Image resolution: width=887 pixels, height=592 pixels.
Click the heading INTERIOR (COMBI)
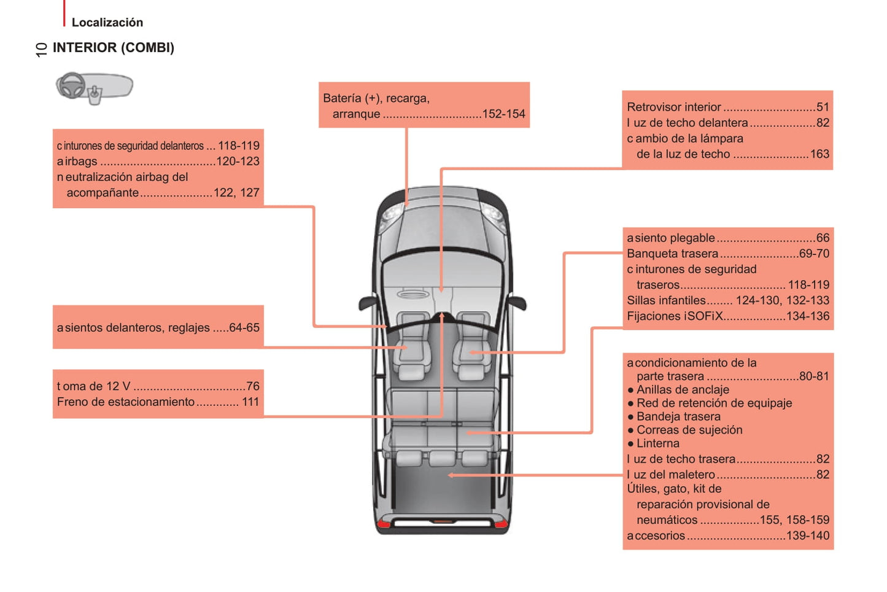pos(113,48)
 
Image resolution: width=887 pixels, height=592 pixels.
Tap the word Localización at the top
pos(107,23)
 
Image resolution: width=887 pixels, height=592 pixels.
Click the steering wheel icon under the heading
pos(72,85)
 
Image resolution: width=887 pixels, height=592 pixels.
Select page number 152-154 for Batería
pos(503,114)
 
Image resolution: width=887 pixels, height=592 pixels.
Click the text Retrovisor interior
pos(673,107)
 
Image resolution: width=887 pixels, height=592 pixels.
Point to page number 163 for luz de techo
pos(819,154)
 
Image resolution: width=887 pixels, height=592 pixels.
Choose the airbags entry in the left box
pos(77,162)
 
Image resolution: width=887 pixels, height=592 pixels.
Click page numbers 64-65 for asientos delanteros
pos(244,328)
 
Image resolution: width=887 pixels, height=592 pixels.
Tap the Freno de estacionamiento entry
pos(126,402)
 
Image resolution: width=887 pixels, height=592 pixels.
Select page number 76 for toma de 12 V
pos(253,386)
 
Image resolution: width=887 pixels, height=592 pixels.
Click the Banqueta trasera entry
pos(672,254)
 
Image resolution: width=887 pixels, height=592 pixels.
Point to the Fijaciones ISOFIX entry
pos(675,316)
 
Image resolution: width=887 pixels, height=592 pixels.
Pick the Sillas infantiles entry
pos(666,301)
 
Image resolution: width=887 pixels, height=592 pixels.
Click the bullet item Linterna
pos(657,443)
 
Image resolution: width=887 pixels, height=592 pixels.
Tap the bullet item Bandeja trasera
pos(678,416)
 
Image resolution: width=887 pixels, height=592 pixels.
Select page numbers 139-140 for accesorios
pos(807,536)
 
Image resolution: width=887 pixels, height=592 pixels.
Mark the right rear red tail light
pos(502,524)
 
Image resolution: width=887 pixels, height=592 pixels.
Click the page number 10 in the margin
pos(41,50)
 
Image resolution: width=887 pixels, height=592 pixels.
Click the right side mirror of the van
pos(517,302)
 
